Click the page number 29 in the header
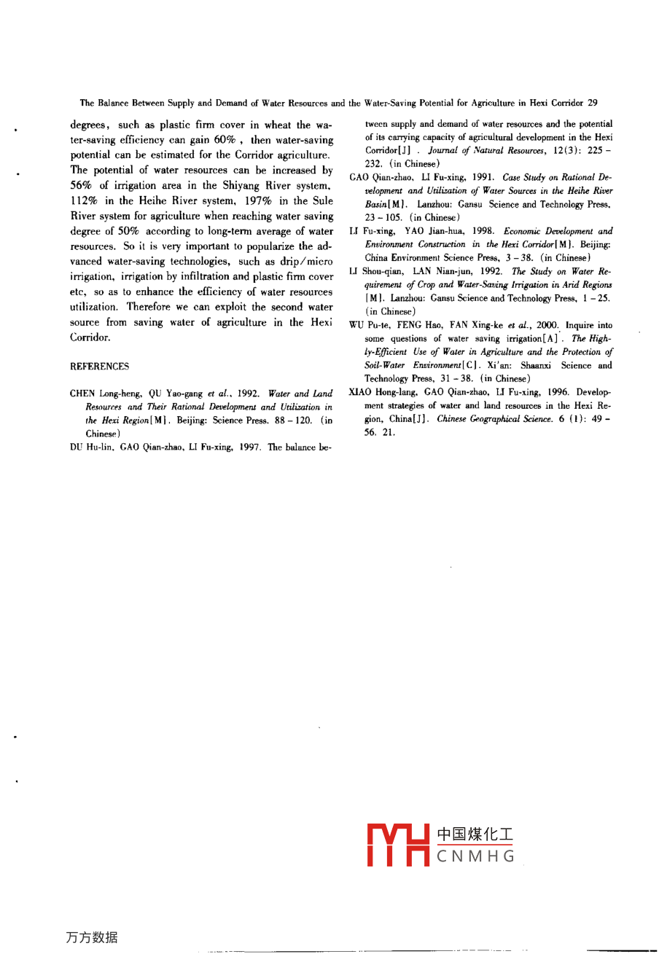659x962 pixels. pos(592,103)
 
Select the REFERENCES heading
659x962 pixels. pos(99,367)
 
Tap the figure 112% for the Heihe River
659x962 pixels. pos(84,200)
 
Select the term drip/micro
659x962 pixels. pos(306,261)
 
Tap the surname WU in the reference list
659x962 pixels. pos(356,325)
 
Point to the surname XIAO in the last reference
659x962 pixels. pos(361,392)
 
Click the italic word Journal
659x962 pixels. pos(444,151)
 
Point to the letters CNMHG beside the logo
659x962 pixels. pos(476,857)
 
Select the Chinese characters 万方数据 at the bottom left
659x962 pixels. pos(91,937)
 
